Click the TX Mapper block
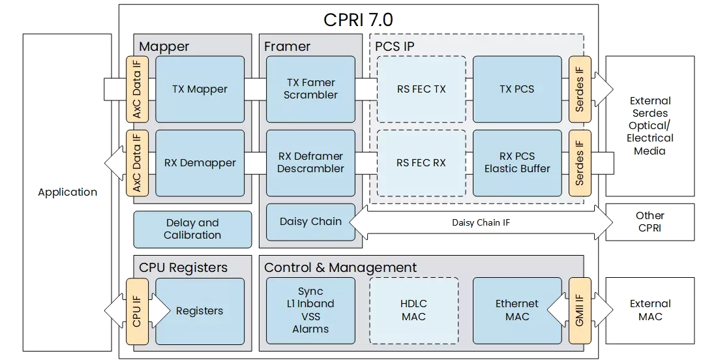coord(200,89)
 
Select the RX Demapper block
coord(200,163)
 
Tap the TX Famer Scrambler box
coord(311,89)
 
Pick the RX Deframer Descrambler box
coord(311,163)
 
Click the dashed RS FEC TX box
coord(421,89)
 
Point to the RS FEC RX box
coord(421,163)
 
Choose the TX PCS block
coord(517,89)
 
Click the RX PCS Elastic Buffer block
coord(517,163)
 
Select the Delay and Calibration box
coord(192,229)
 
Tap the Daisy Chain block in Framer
coord(310,222)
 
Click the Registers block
coord(200,311)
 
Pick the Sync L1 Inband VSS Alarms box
coord(310,310)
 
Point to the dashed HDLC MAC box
coord(414,310)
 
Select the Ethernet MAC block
coord(517,310)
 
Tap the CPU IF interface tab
coord(136,311)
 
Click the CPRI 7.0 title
coord(358,20)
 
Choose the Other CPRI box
coord(650,222)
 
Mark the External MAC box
coord(650,310)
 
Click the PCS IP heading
coord(395,46)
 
